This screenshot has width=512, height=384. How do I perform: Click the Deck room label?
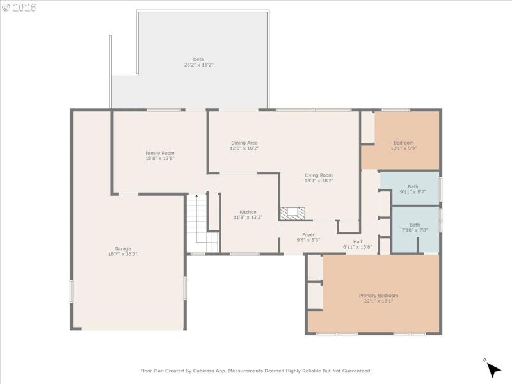pyautogui.click(x=198, y=60)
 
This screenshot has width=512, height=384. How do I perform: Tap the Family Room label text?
pyautogui.click(x=160, y=153)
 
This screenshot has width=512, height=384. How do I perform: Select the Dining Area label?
pyautogui.click(x=244, y=143)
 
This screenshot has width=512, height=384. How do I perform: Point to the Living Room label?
pyautogui.click(x=319, y=175)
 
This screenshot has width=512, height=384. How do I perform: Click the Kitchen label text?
pyautogui.click(x=248, y=212)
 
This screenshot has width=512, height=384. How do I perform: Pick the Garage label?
pyautogui.click(x=123, y=249)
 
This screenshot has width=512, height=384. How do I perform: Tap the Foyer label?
pyautogui.click(x=308, y=234)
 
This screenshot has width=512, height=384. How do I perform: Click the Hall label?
pyautogui.click(x=357, y=241)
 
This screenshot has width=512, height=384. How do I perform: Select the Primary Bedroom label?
pyautogui.click(x=378, y=296)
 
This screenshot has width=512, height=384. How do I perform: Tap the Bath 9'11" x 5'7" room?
pyautogui.click(x=413, y=189)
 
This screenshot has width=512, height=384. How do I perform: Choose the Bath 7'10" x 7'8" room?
pyautogui.click(x=415, y=227)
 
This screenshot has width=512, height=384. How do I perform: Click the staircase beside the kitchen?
pyautogui.click(x=202, y=224)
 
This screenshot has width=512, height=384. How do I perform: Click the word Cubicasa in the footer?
pyautogui.click(x=208, y=371)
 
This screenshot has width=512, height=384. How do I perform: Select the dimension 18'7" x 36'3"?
pyautogui.click(x=122, y=254)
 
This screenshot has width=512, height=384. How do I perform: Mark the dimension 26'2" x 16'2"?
pyautogui.click(x=198, y=65)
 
